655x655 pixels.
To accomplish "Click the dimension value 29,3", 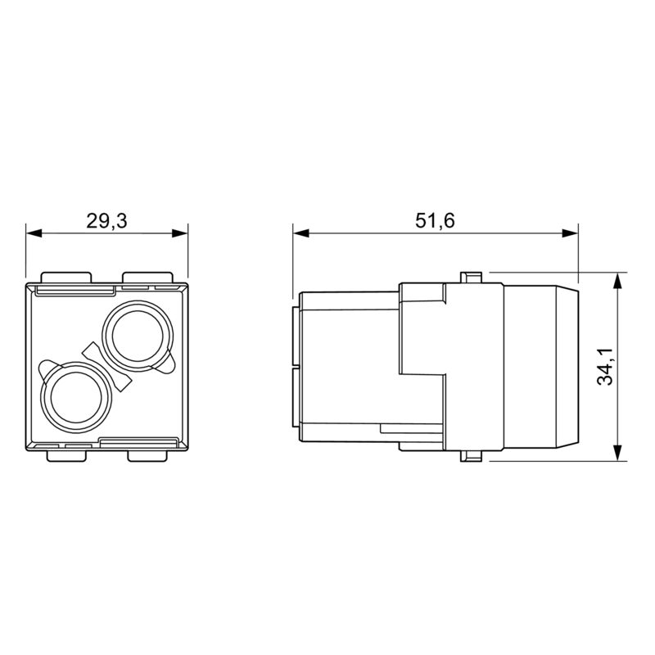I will tap(106, 220).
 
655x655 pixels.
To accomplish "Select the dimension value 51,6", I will tap(435, 220).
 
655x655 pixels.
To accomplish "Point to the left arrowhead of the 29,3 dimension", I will tap(32, 233).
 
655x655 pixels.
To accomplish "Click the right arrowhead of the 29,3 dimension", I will tap(182, 233).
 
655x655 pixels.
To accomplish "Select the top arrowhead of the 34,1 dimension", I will tap(618, 278).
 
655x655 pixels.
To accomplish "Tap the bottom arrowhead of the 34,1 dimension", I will tap(618, 454).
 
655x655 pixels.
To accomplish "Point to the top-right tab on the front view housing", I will tap(148, 277).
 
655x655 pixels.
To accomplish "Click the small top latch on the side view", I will tap(472, 277).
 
